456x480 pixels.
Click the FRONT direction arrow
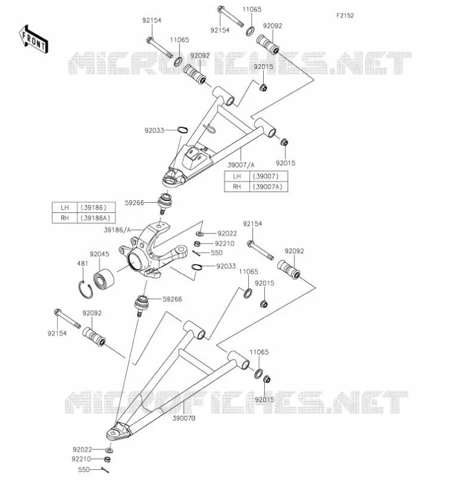[x=34, y=40]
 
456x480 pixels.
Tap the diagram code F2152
[x=345, y=16]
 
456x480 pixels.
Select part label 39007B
[x=184, y=418]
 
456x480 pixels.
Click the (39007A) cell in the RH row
[x=269, y=187]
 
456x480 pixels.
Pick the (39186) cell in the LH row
[x=96, y=207]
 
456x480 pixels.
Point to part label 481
[x=82, y=263]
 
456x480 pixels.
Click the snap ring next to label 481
[x=85, y=289]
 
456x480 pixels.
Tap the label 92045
[x=99, y=254]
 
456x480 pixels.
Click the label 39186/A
[x=117, y=230]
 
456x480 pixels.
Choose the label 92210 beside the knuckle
[x=225, y=244]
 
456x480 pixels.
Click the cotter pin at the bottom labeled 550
[x=105, y=470]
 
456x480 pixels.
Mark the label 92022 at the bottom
[x=82, y=449]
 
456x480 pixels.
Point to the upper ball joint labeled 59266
[x=165, y=203]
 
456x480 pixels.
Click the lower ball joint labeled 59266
[x=142, y=305]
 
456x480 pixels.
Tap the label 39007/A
[x=241, y=165]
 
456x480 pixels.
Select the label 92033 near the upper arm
[x=154, y=130]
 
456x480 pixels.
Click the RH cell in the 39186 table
[x=65, y=218]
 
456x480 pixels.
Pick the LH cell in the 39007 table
[x=237, y=176]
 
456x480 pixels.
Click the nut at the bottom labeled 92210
[x=108, y=459]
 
